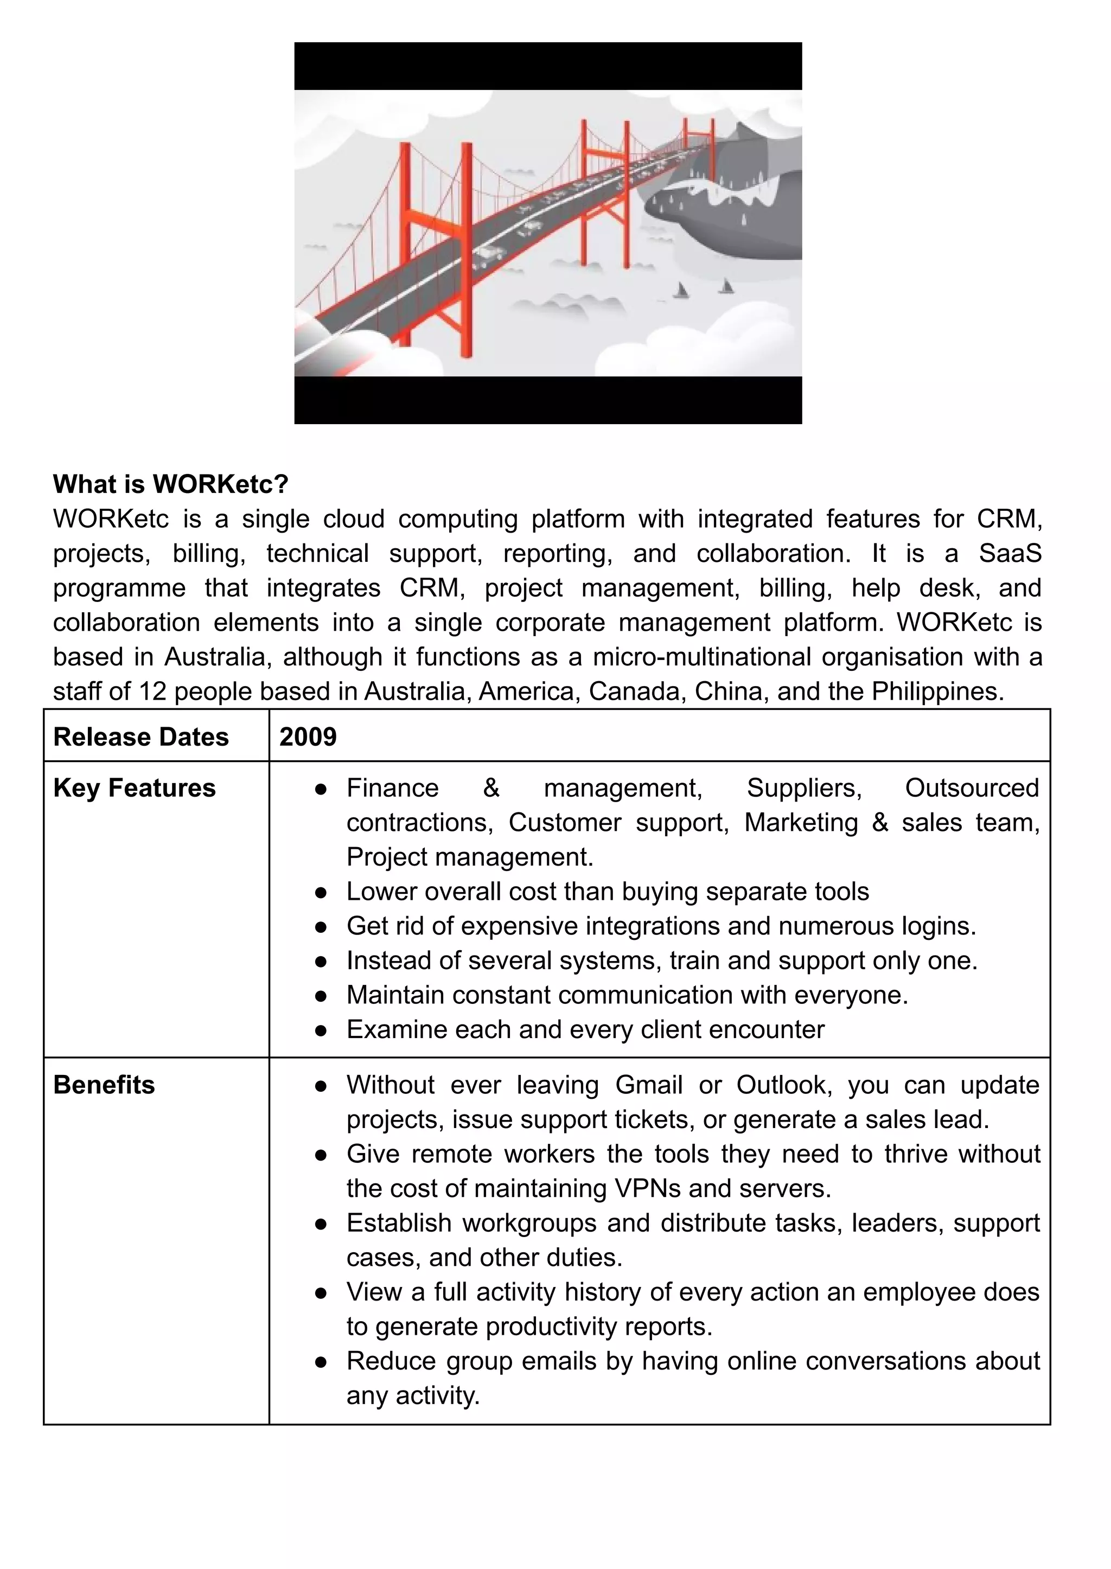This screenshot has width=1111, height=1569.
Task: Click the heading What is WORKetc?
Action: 170,484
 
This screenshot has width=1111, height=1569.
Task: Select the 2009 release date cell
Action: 308,737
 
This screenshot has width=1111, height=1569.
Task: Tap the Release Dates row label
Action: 141,737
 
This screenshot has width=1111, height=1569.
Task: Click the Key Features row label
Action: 134,788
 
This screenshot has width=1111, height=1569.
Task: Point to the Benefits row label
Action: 104,1085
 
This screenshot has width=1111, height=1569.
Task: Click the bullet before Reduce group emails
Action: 320,1362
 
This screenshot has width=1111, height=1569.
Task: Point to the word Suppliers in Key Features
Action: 804,788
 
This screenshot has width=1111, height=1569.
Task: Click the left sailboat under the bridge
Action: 681,291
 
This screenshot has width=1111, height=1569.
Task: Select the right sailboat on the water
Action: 726,286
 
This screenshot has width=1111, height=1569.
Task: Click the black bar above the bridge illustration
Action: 548,66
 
